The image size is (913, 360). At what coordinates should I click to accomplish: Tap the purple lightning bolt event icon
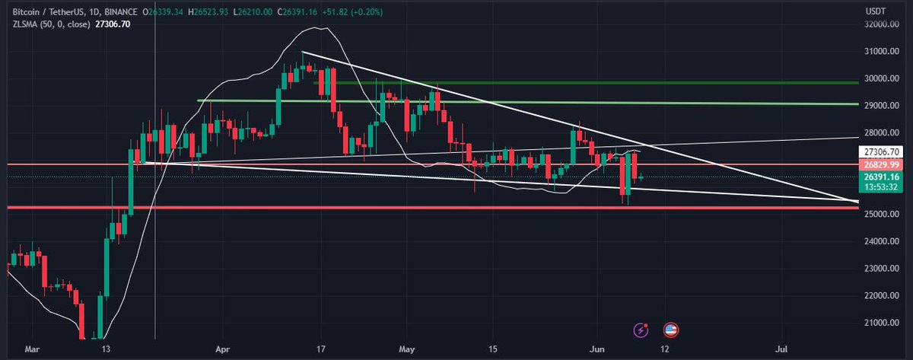[x=642, y=330]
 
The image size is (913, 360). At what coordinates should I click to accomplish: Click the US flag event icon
[x=670, y=330]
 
